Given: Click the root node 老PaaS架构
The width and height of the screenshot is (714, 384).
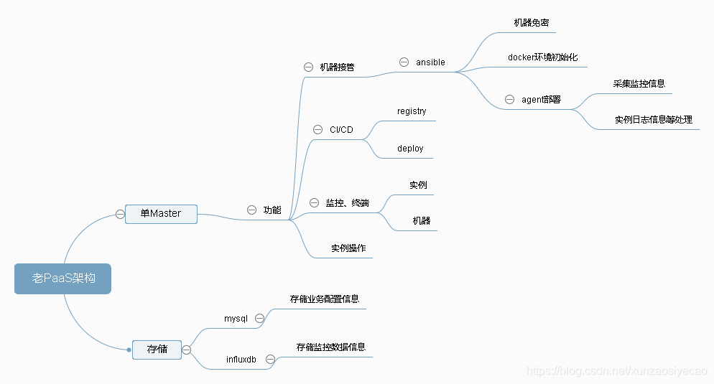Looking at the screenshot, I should tap(63, 278).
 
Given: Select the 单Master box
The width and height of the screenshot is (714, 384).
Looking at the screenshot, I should tap(161, 213).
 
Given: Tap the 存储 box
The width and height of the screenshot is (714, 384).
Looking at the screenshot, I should tap(157, 349).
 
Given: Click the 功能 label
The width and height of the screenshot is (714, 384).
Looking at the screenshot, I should tap(272, 210).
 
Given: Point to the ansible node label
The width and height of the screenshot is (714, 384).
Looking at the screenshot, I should tap(430, 62).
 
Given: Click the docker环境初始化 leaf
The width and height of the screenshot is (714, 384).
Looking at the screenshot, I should tap(542, 57).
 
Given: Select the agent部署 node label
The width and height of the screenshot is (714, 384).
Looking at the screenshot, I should tap(541, 100).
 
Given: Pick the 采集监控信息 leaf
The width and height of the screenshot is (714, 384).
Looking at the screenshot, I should tap(639, 83).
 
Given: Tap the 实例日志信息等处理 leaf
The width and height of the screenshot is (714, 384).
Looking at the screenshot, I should tap(654, 120).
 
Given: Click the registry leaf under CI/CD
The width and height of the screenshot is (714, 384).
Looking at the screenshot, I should tap(412, 111).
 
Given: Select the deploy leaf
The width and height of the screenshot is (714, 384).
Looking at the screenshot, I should tap(410, 149).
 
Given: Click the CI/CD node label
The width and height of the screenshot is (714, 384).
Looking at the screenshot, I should tap(341, 130).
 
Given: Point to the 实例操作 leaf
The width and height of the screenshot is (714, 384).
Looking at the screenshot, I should tap(348, 248).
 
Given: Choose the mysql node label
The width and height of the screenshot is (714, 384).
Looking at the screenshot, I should tap(236, 318).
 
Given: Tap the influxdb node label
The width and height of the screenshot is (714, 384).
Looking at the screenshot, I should tap(241, 359).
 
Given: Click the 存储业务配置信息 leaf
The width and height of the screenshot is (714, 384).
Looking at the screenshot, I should tap(325, 299).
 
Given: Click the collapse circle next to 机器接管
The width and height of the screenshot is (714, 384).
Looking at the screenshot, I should tap(308, 67).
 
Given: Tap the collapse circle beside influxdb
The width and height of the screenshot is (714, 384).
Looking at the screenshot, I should tap(271, 359).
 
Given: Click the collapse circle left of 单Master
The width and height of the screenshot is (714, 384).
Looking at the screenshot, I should tap(120, 213).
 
